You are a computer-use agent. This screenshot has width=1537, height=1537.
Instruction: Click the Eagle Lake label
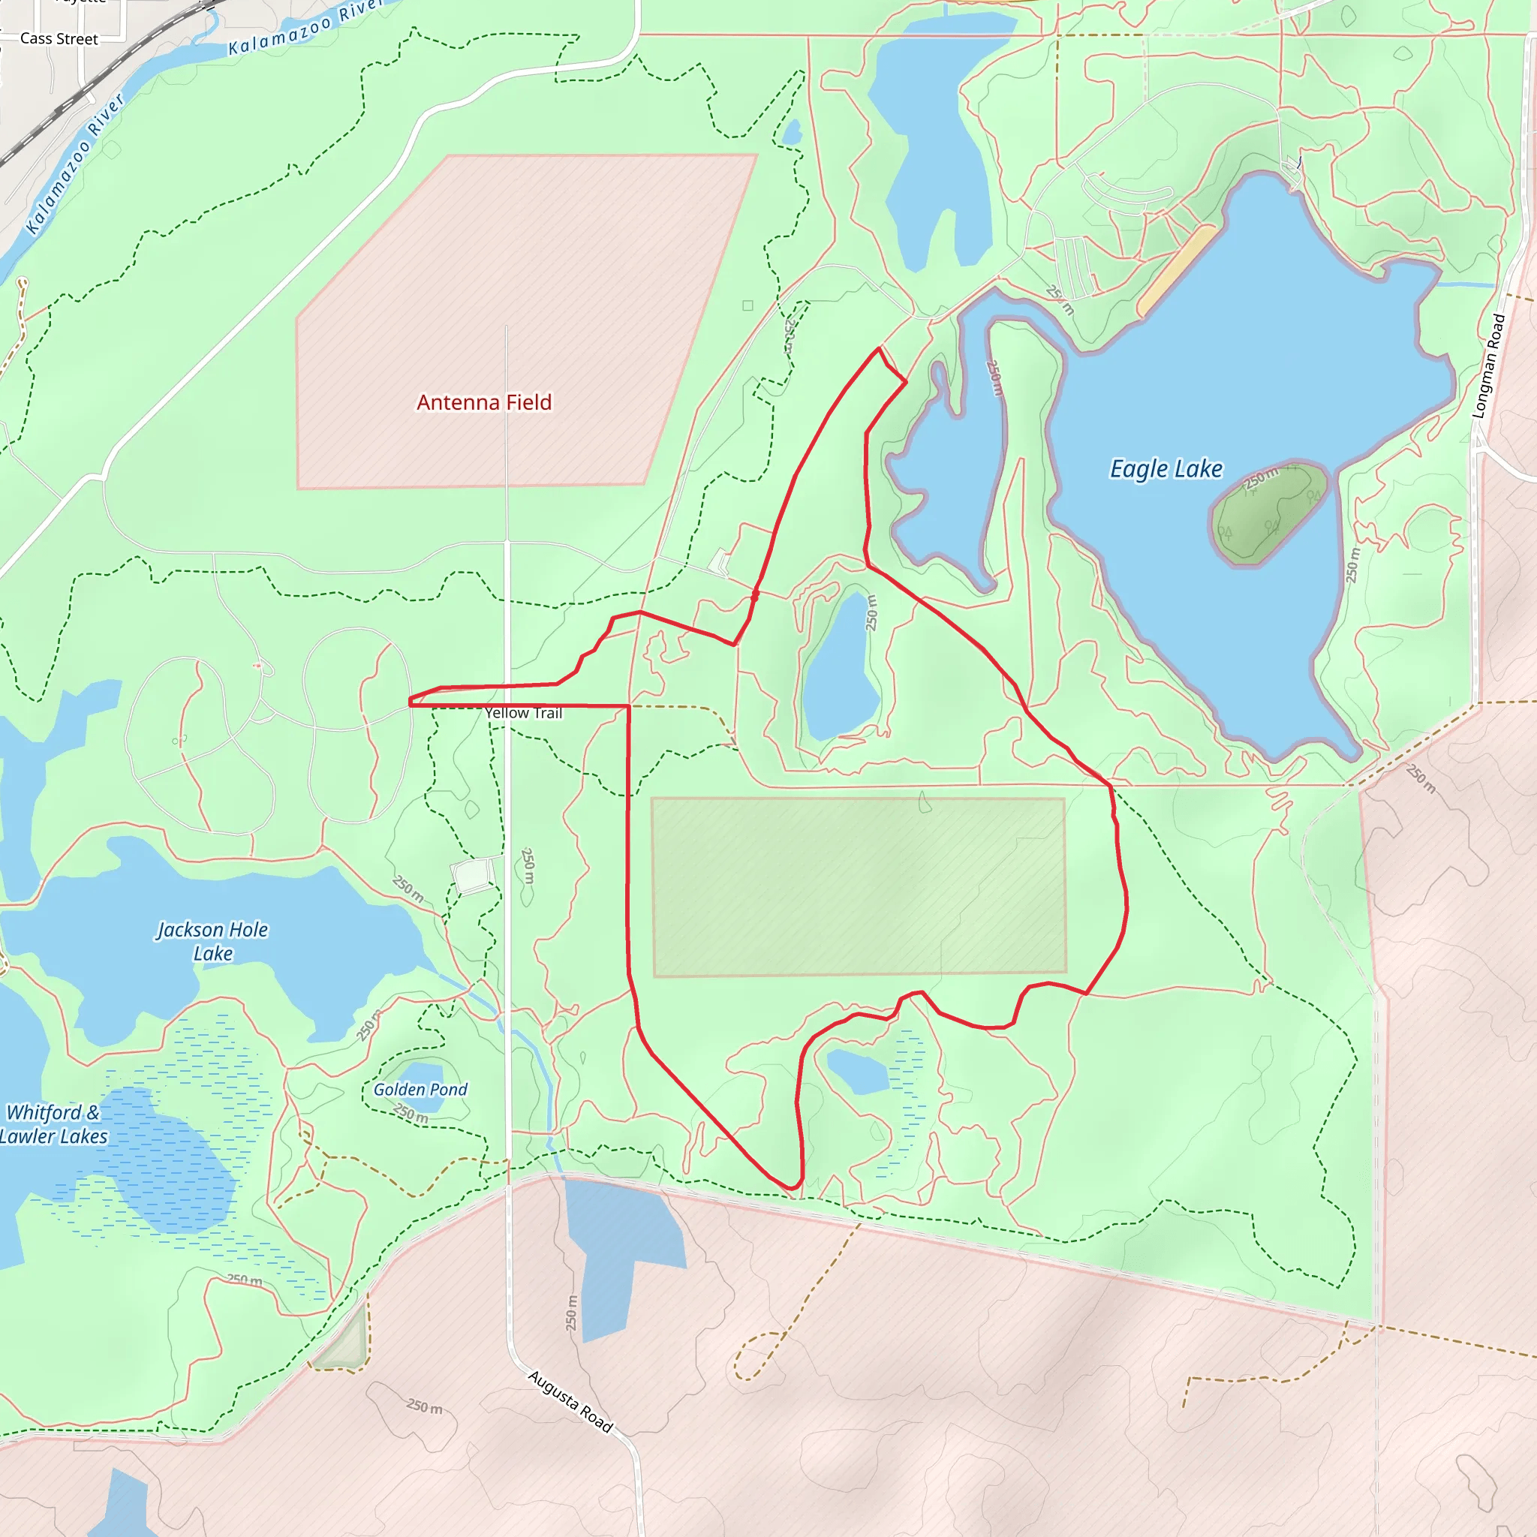pos(1166,468)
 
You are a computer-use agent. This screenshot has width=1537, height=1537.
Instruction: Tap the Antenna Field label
pos(484,402)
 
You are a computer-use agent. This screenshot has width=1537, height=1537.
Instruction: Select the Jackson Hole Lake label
pos(212,941)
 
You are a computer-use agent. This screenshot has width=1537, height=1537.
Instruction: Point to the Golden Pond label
pos(420,1089)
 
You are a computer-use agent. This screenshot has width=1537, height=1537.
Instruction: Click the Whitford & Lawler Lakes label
pos(53,1123)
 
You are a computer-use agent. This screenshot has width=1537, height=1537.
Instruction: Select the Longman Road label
pos(1487,365)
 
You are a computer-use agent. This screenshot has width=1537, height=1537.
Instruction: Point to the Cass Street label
pos(59,39)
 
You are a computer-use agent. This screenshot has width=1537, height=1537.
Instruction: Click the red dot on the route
pos(755,594)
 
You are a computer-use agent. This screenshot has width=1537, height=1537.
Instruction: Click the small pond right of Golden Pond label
pos(857,1072)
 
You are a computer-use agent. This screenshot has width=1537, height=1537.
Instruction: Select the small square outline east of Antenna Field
pos(747,305)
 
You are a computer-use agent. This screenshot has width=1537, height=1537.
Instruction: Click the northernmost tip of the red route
pos(879,348)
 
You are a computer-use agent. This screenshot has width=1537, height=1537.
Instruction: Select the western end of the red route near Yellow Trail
pos(411,702)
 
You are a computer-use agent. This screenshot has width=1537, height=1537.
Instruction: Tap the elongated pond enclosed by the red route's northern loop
pos(838,664)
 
